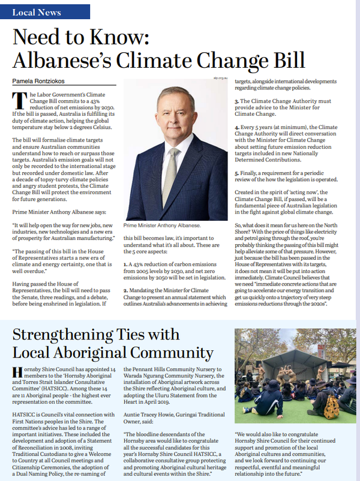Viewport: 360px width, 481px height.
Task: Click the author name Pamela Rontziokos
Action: click(x=41, y=80)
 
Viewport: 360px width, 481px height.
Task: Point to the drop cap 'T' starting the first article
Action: click(x=17, y=100)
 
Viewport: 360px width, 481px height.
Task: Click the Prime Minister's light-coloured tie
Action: click(x=172, y=163)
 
